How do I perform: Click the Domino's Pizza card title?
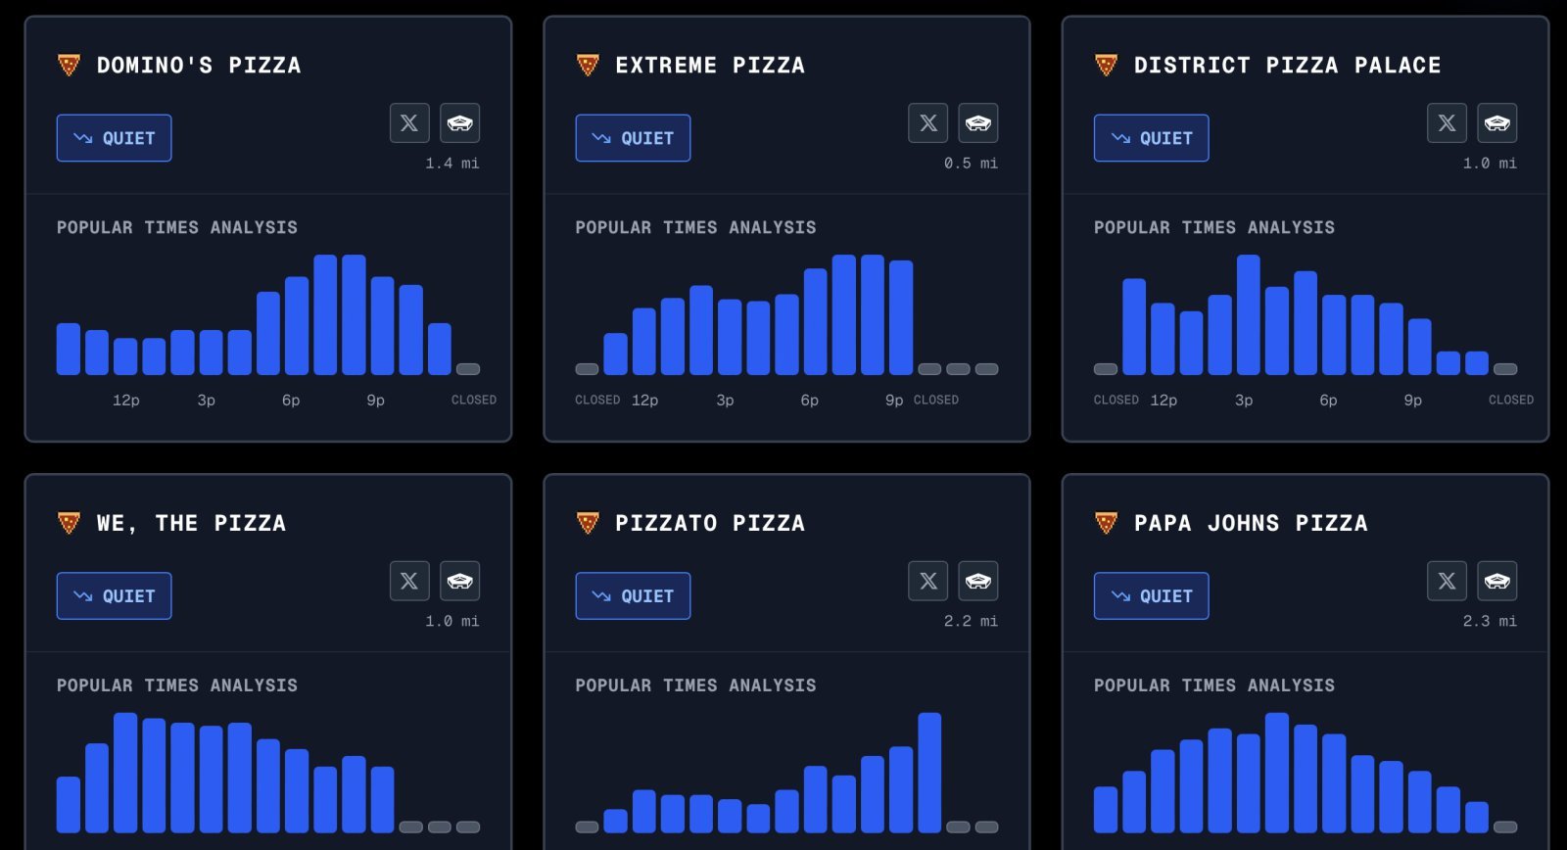pyautogui.click(x=198, y=66)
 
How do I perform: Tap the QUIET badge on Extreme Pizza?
pyautogui.click(x=633, y=138)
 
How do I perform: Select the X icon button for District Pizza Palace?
pyautogui.click(x=1447, y=123)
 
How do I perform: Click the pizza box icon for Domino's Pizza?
pyautogui.click(x=459, y=123)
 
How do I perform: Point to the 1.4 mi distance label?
pyautogui.click(x=451, y=164)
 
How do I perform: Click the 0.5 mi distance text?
pyautogui.click(x=971, y=164)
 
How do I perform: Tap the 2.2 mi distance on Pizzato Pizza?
pyautogui.click(x=971, y=622)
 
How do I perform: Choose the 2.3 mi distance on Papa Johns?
pyautogui.click(x=1489, y=622)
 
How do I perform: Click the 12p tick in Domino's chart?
pyautogui.click(x=125, y=401)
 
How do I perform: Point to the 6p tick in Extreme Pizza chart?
pyautogui.click(x=809, y=401)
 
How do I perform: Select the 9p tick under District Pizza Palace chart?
pyautogui.click(x=1412, y=401)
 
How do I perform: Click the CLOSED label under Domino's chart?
pyautogui.click(x=473, y=401)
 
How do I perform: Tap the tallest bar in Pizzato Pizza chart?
pyautogui.click(x=929, y=773)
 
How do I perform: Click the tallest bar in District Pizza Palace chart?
pyautogui.click(x=1248, y=314)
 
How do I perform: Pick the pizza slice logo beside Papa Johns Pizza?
pyautogui.click(x=1106, y=523)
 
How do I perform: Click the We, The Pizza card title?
pyautogui.click(x=191, y=524)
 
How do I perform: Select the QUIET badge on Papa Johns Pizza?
pyautogui.click(x=1151, y=596)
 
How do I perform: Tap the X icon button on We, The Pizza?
pyautogui.click(x=409, y=582)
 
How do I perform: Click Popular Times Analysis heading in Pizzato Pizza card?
pyautogui.click(x=695, y=685)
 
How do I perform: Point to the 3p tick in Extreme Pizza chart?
pyautogui.click(x=725, y=401)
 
